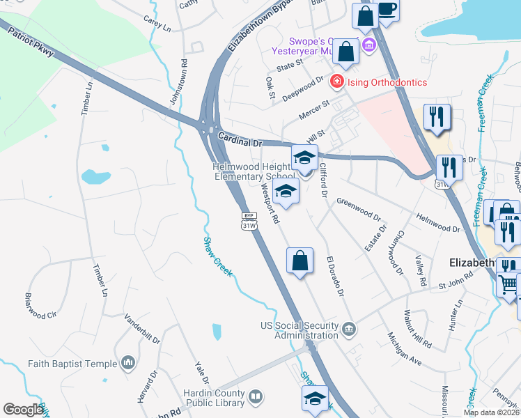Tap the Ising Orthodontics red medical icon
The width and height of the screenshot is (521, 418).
coord(336,82)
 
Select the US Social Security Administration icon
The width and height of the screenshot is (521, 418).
coord(348,326)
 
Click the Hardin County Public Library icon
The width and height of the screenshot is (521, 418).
coord(256,398)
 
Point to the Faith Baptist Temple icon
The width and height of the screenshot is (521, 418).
coord(127,363)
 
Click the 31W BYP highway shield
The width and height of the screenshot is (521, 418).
coord(249,222)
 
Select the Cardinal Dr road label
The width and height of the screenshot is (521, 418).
coord(238,140)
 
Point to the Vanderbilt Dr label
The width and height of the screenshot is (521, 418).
coord(142,330)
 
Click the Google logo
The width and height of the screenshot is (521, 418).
coord(23,410)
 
